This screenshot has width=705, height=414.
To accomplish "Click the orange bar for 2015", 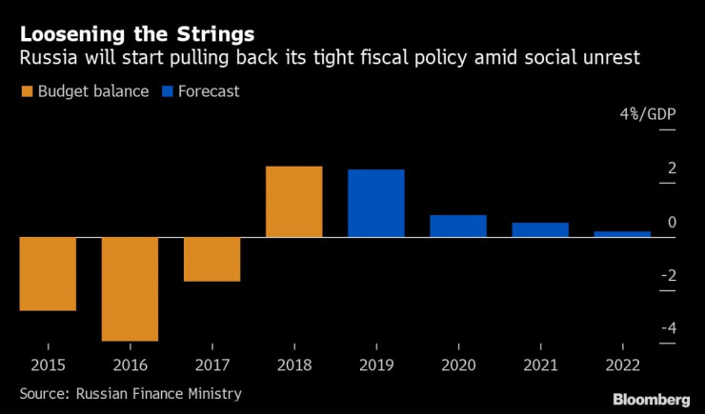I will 48,273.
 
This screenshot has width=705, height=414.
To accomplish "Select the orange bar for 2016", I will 130,288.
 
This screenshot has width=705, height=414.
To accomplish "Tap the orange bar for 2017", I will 211,259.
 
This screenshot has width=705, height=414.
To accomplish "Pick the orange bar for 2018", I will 293,201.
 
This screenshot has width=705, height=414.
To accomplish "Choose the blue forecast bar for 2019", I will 375,203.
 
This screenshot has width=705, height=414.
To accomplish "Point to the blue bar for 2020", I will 457,226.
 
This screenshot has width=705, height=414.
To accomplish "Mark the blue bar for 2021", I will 539,229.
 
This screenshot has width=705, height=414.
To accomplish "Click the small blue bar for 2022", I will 621,233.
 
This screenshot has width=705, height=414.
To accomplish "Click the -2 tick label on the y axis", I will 644,276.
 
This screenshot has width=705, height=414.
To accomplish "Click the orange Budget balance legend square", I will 26,92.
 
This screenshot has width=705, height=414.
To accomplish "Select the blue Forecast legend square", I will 172,92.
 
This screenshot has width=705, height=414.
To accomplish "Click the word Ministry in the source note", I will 213,393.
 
